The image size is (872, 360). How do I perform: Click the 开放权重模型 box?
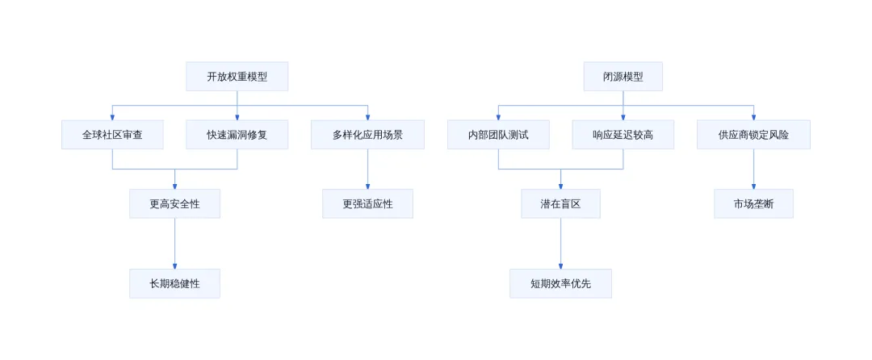click(237, 77)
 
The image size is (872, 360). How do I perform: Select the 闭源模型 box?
click(623, 77)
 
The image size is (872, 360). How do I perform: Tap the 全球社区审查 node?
click(112, 135)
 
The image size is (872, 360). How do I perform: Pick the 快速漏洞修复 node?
click(237, 135)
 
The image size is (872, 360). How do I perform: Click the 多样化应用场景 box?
click(367, 135)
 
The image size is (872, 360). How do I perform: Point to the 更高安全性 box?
click(174, 204)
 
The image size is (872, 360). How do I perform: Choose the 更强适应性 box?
click(367, 204)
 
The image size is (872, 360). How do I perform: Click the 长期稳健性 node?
click(174, 284)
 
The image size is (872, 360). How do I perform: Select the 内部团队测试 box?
click(498, 135)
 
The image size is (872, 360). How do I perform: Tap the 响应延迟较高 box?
click(623, 135)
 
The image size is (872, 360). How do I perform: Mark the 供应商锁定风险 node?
click(753, 135)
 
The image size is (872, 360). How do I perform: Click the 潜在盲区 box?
click(560, 204)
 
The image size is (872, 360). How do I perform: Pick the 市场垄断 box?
click(753, 204)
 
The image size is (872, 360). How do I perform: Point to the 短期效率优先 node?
click(560, 284)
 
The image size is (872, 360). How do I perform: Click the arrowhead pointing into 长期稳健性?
click(174, 266)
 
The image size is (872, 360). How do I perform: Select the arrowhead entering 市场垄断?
click(753, 186)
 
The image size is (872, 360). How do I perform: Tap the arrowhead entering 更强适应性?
click(367, 186)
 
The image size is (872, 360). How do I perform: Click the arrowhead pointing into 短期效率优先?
click(560, 266)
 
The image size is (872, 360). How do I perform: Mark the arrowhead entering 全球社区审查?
click(112, 117)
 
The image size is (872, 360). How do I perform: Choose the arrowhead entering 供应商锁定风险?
click(753, 117)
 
